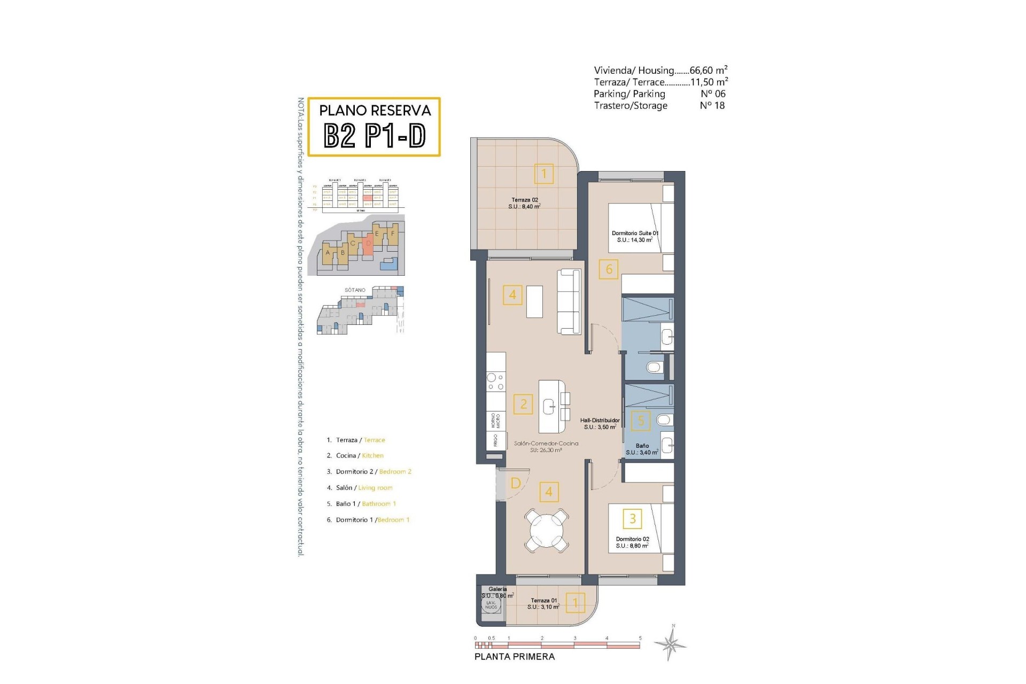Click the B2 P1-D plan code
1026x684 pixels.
375,135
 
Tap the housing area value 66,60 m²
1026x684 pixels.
708,70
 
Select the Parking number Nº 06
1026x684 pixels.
712,94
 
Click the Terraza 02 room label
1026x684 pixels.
524,203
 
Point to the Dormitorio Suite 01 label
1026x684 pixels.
635,237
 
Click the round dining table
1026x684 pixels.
547,531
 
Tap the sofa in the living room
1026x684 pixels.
569,302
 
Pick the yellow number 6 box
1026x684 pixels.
609,269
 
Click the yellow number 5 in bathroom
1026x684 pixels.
641,421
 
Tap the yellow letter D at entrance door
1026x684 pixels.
516,484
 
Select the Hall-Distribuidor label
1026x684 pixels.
600,424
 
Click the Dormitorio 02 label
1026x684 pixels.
632,542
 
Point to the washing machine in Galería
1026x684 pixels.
491,605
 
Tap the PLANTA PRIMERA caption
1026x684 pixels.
515,657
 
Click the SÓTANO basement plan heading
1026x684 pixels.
355,290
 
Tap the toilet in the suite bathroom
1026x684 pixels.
654,367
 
